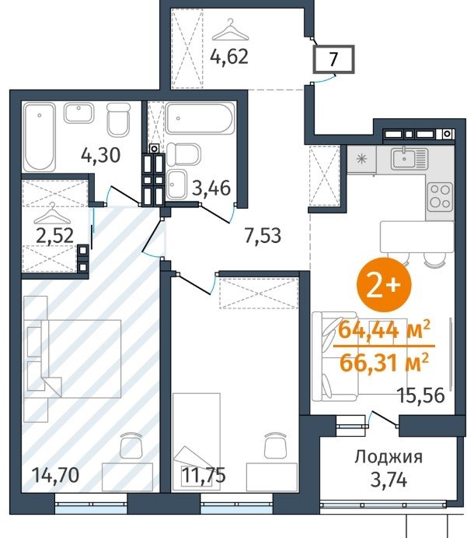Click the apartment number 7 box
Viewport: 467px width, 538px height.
pyautogui.click(x=333, y=59)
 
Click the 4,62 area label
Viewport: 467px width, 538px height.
pyautogui.click(x=229, y=57)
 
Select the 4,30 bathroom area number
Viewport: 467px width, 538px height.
pyautogui.click(x=101, y=155)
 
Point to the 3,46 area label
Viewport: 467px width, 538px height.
pyautogui.click(x=211, y=188)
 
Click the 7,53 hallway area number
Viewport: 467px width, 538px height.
pyautogui.click(x=263, y=235)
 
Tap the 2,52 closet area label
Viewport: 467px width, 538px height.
pyautogui.click(x=54, y=236)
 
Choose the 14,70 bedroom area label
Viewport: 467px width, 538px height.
pyautogui.click(x=55, y=475)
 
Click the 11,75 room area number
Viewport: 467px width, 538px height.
pyautogui.click(x=204, y=475)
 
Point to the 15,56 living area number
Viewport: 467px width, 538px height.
pyautogui.click(x=421, y=396)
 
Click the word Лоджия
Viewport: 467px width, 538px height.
pyautogui.click(x=389, y=457)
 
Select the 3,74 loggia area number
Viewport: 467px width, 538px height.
pyautogui.click(x=389, y=480)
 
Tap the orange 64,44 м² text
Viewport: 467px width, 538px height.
pyautogui.click(x=384, y=331)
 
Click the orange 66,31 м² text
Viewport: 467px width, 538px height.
pyautogui.click(x=384, y=363)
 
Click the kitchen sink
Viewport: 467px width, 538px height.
pyautogui.click(x=409, y=159)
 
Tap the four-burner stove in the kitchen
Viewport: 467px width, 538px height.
pyautogui.click(x=440, y=197)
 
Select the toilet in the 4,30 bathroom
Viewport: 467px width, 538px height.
pyautogui.click(x=118, y=120)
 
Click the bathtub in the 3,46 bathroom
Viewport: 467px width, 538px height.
pyautogui.click(x=200, y=118)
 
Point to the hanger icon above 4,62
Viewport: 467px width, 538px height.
pyautogui.click(x=230, y=30)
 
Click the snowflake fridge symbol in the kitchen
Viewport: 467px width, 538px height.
pyautogui.click(x=361, y=159)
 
